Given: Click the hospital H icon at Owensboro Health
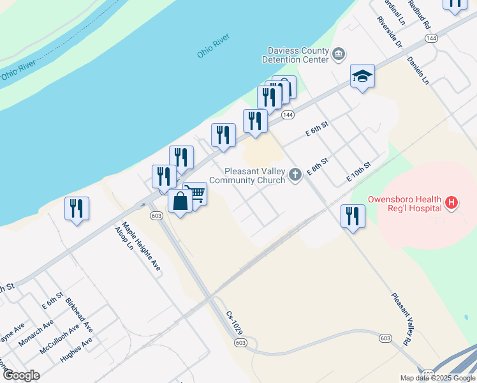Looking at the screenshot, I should pos(451,203).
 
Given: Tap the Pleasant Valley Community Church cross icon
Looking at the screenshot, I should pos(295,174).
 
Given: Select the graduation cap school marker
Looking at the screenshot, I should pos(362,76).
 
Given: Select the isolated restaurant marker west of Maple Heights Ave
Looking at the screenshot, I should pos(77,208).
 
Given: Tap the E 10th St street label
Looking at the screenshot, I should pos(358,170).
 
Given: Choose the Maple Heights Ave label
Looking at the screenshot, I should pos(142,246).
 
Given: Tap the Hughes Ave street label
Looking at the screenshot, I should pos(76,350).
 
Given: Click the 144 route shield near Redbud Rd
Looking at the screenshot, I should pos(432,39).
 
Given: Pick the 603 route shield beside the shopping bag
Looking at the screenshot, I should pos(156,216).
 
